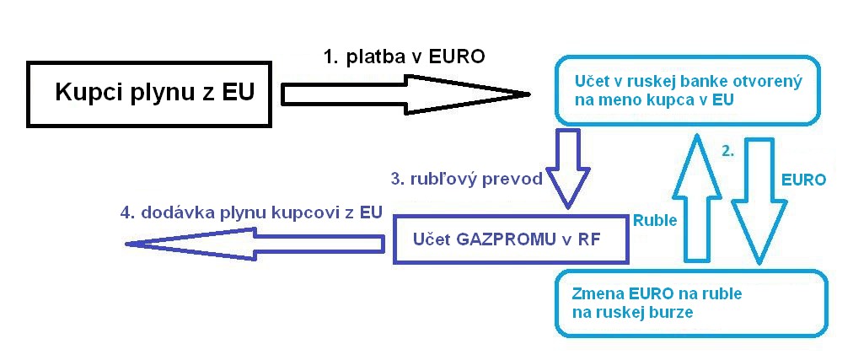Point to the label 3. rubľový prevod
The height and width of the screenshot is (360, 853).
tap(465, 180)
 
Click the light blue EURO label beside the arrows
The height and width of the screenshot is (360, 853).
tap(804, 180)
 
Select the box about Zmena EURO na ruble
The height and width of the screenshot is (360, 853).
tap(689, 303)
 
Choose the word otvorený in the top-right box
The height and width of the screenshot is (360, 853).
tap(769, 83)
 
